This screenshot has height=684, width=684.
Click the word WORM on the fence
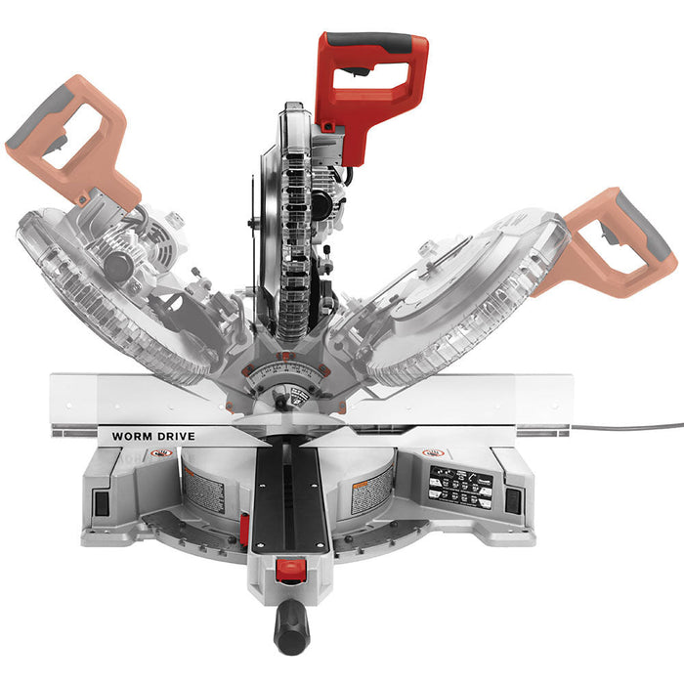[134, 436]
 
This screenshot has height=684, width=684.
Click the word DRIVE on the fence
[176, 436]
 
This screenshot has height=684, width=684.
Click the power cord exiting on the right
[635, 427]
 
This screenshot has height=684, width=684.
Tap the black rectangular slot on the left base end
[98, 499]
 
